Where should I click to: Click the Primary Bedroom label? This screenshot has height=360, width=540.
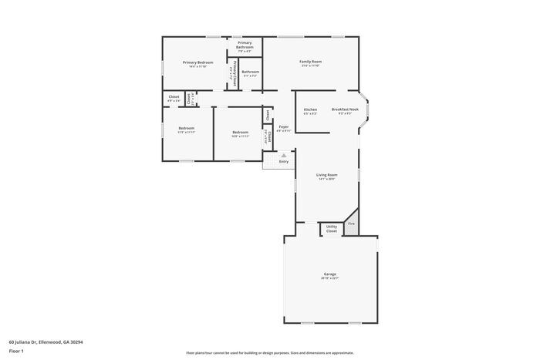click(x=197, y=62)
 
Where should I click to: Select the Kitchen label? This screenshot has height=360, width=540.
click(x=310, y=109)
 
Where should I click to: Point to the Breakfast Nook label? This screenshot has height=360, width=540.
click(x=345, y=109)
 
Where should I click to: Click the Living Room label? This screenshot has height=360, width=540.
click(x=326, y=175)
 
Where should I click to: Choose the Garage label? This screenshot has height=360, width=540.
click(x=330, y=275)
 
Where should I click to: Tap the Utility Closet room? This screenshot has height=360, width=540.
click(x=331, y=229)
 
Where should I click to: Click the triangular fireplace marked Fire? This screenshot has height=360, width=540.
click(x=351, y=223)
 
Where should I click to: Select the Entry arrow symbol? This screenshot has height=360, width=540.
click(x=283, y=156)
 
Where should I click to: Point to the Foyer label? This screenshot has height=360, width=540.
click(x=284, y=126)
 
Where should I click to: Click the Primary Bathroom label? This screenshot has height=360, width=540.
click(x=245, y=45)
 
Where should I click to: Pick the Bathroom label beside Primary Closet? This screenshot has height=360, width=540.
click(x=250, y=72)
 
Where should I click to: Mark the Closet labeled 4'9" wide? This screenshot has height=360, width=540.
click(x=174, y=97)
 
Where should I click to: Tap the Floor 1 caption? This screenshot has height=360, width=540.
click(x=17, y=351)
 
